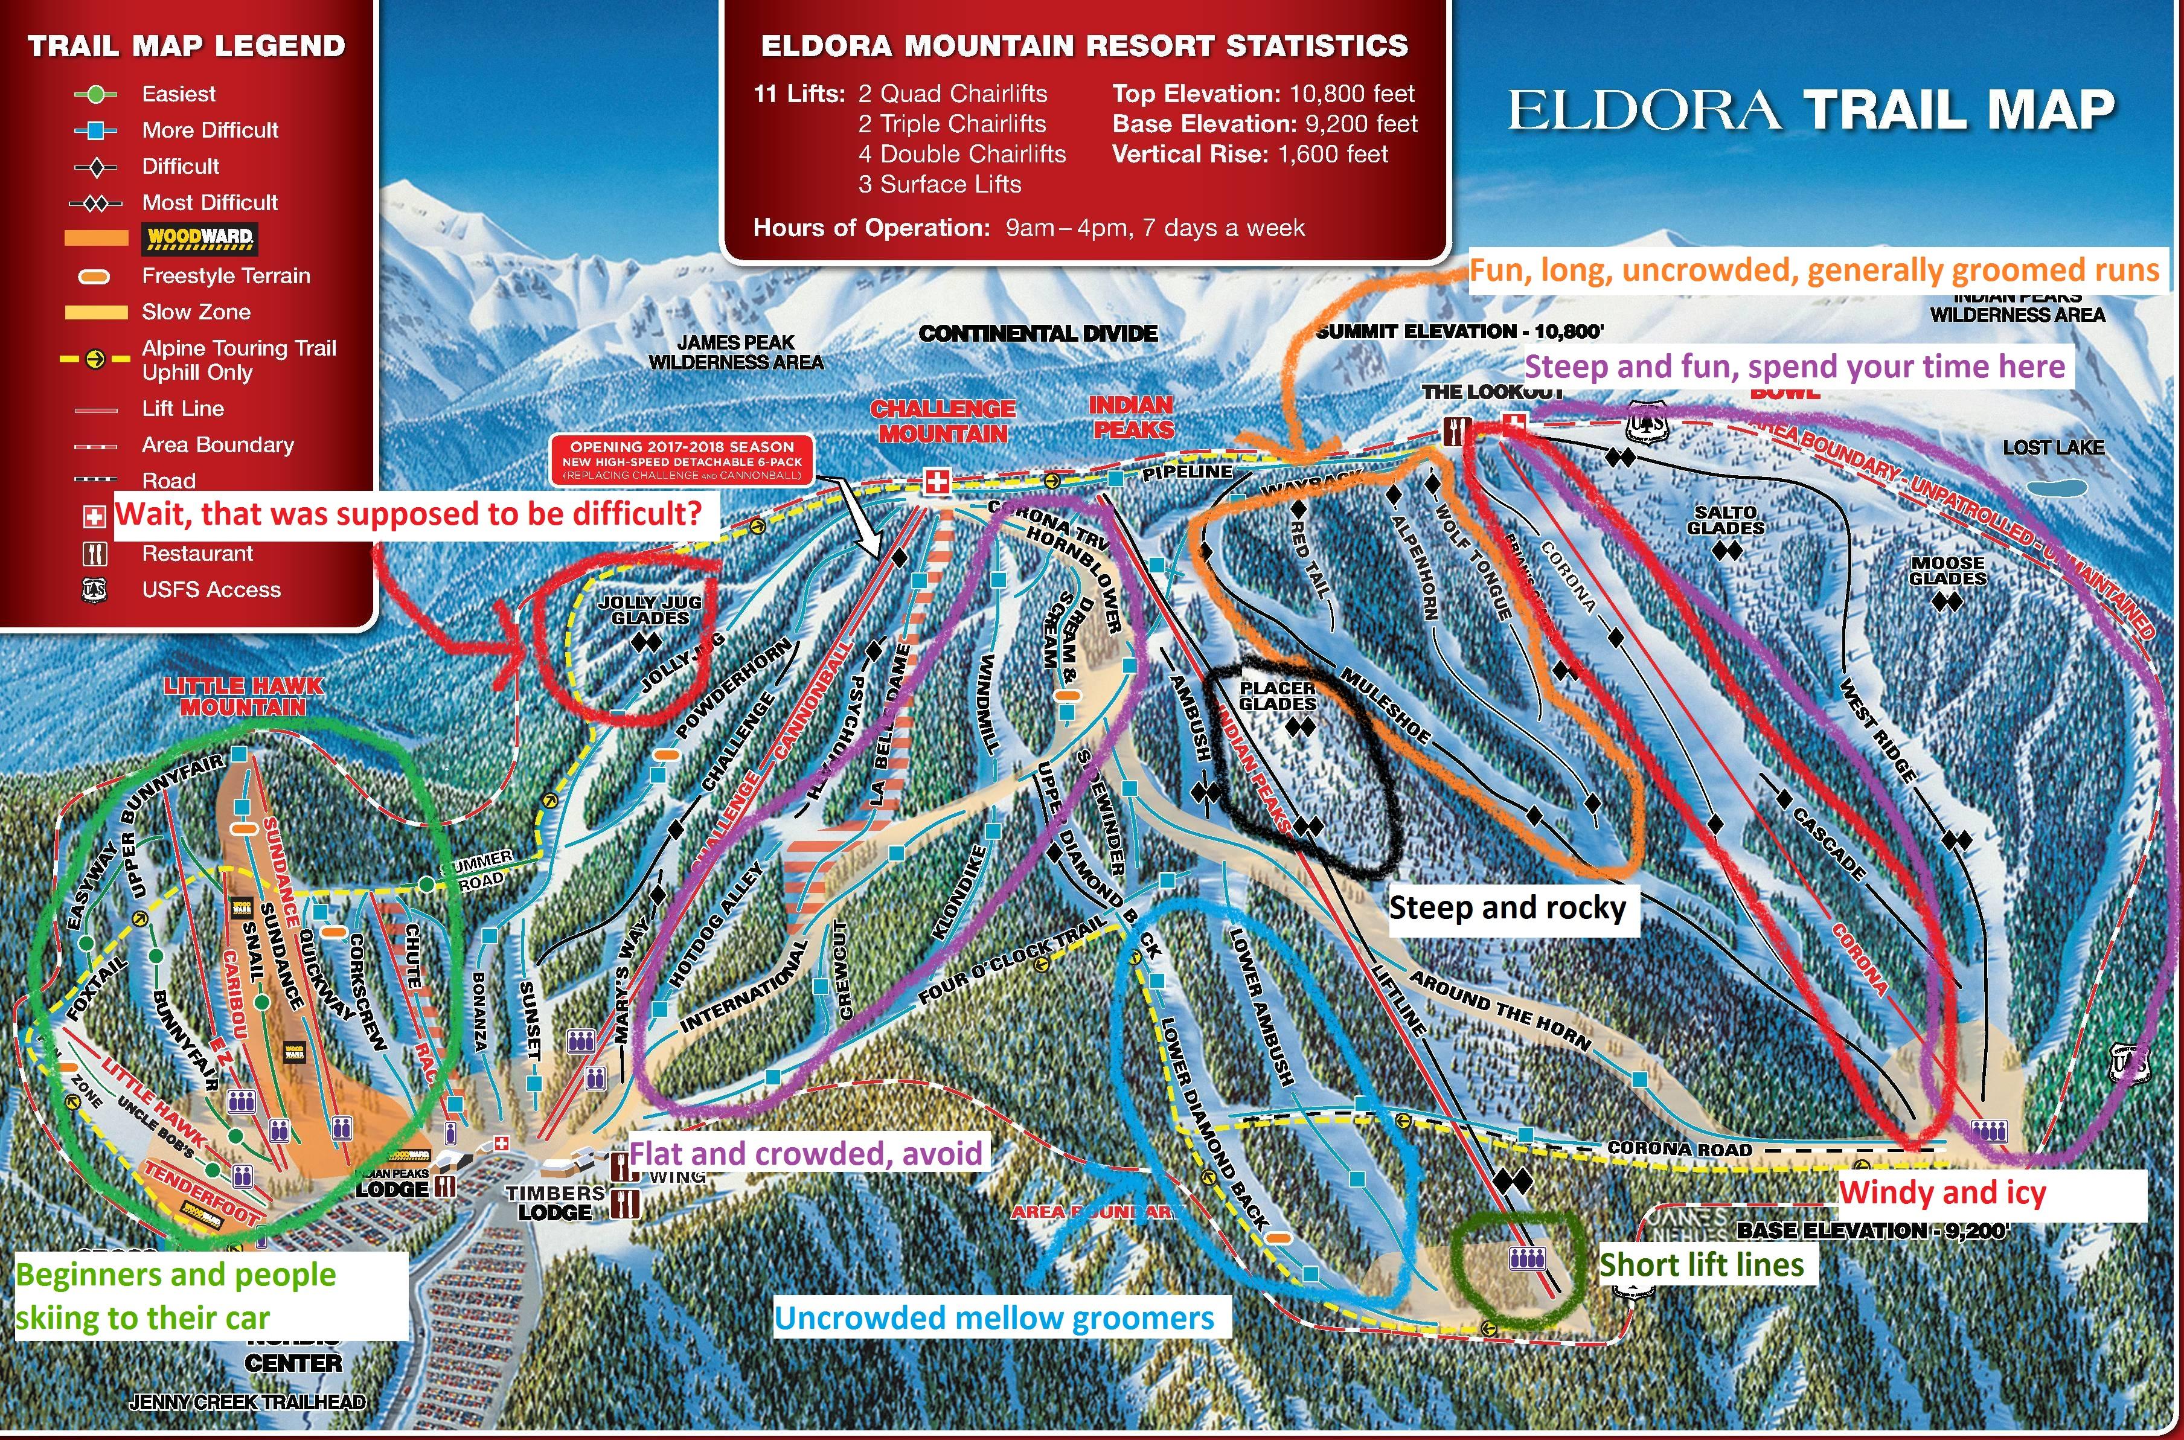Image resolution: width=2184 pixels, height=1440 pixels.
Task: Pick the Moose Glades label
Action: point(1947,571)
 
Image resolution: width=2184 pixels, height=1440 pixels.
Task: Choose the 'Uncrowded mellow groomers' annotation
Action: point(994,1318)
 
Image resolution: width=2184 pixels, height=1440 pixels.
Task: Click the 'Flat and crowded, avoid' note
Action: point(805,1153)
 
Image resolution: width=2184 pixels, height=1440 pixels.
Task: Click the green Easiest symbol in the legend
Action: point(95,94)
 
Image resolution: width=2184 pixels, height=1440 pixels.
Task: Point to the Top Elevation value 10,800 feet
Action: point(1352,94)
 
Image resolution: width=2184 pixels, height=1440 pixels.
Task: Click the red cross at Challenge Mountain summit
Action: point(936,482)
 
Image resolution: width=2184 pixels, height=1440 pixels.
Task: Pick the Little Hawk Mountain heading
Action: point(243,696)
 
